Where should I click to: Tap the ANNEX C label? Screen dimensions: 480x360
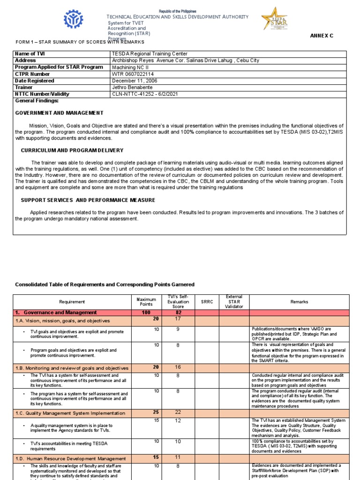point(321,36)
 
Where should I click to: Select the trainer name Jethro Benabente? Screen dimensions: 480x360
point(132,87)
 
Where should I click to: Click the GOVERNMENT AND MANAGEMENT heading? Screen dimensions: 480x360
point(60,113)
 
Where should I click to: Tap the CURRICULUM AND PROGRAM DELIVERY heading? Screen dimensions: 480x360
point(72,150)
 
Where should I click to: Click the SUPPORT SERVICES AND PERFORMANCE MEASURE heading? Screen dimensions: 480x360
point(88,200)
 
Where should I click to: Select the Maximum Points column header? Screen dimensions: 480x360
point(146,302)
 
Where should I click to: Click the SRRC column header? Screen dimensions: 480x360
point(207,302)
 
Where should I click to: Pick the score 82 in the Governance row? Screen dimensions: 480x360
point(178,313)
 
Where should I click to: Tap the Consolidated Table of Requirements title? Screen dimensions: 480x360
point(105,285)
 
